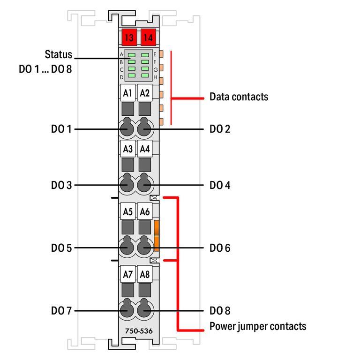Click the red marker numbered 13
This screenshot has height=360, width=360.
pos(128,37)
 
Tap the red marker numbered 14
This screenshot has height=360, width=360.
pos(148,37)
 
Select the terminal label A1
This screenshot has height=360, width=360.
pos(127,93)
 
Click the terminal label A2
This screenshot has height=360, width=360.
pos(145,93)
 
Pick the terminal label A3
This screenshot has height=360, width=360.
pos(127,149)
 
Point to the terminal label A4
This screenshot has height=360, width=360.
pos(145,149)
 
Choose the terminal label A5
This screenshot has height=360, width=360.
pos(127,211)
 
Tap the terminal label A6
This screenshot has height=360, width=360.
pos(145,211)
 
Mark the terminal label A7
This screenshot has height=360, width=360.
pos(127,274)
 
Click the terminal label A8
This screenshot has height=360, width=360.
pos(145,274)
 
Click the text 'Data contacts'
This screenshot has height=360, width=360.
pos(239,97)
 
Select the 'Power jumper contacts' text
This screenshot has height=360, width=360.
pos(258,326)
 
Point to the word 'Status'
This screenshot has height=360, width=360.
pos(59,54)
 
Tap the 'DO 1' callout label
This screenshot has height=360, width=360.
pos(61,128)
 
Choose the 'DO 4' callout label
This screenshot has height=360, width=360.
pos(220,185)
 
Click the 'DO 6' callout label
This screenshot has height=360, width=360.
pos(220,247)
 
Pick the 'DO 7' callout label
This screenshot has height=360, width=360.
pos(61,310)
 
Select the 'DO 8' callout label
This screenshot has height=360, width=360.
pos(220,310)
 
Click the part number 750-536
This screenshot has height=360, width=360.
pos(138,331)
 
